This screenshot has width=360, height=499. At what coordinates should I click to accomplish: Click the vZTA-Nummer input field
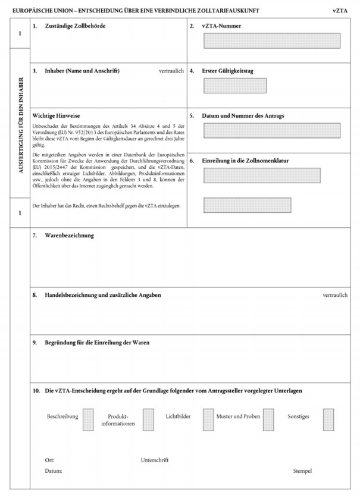[x=271, y=40]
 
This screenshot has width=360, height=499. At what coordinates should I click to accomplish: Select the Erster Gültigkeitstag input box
[x=234, y=85]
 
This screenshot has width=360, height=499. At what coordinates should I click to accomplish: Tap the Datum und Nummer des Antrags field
[x=271, y=130]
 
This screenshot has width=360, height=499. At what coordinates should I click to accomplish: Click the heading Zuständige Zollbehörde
[x=76, y=26]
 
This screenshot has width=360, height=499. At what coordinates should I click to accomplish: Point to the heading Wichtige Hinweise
[x=57, y=115]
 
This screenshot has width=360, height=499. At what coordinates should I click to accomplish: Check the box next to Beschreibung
[x=87, y=419]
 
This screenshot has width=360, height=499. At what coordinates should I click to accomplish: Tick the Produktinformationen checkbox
[x=148, y=419]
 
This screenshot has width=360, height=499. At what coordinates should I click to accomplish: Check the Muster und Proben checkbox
[x=268, y=419]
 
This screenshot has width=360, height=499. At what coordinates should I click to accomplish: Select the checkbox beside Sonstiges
[x=328, y=419]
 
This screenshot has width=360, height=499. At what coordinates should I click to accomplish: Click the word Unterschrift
[x=155, y=460]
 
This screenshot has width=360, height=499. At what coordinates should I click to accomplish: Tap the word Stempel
[x=302, y=471]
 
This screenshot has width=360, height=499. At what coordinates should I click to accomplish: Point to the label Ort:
[x=49, y=460]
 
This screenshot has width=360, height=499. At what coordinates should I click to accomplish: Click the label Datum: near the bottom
[x=54, y=471]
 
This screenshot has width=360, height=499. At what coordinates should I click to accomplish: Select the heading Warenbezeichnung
[x=70, y=236]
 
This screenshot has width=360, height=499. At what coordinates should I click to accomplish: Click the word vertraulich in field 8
[x=334, y=295]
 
